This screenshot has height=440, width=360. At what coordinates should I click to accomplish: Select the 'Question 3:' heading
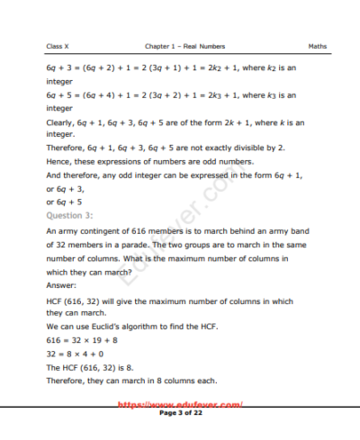(67, 216)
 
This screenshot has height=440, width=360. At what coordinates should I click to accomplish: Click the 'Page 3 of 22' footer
(181, 412)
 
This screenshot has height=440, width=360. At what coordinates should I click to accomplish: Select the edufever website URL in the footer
(181, 405)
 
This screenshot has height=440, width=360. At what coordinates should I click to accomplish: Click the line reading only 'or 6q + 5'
(65, 202)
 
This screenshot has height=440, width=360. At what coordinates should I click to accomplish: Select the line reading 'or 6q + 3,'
(66, 189)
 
